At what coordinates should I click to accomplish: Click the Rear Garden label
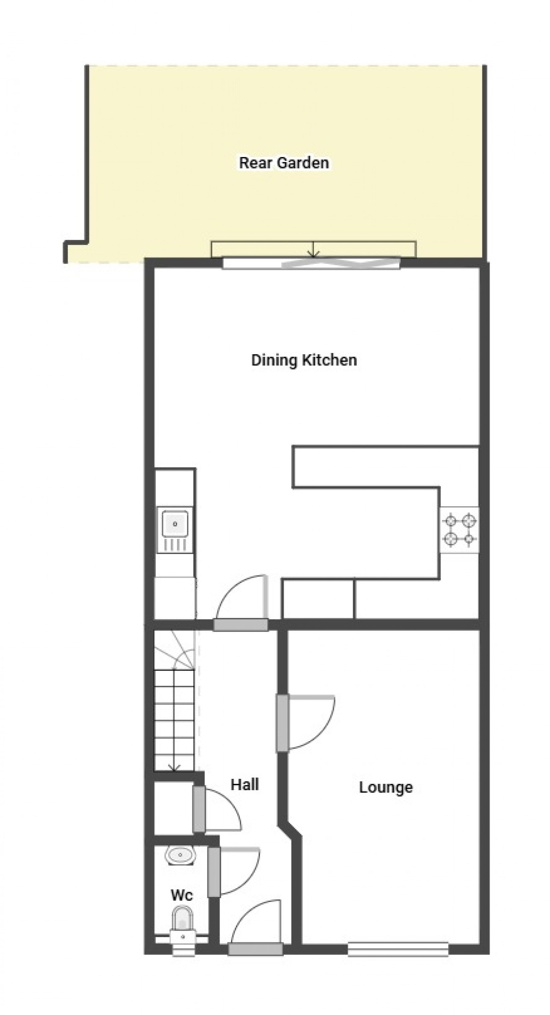pyautogui.click(x=284, y=163)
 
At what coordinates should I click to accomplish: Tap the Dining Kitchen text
pyautogui.click(x=304, y=360)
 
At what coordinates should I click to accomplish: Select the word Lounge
pyautogui.click(x=386, y=788)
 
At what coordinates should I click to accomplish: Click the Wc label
pyautogui.click(x=182, y=895)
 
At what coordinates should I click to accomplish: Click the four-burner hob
pyautogui.click(x=459, y=530)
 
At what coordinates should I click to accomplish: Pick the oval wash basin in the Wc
pyautogui.click(x=180, y=855)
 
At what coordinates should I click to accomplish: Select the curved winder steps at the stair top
pyautogui.click(x=174, y=650)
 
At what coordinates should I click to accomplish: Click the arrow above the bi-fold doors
pyautogui.click(x=313, y=249)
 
